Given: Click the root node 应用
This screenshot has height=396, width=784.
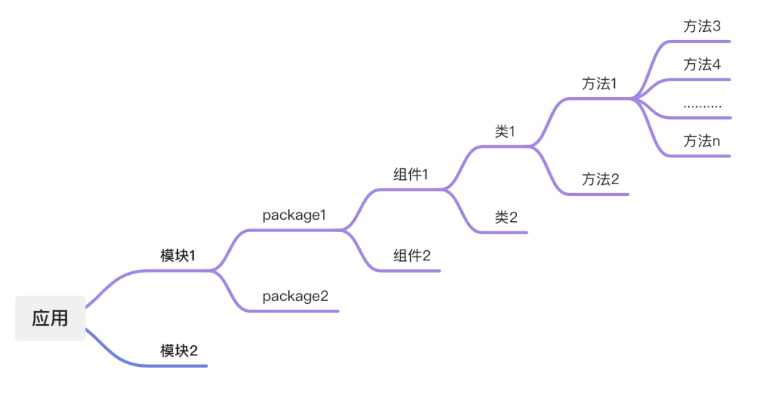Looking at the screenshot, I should point(50,318).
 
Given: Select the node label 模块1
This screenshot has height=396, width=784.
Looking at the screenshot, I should point(178,255).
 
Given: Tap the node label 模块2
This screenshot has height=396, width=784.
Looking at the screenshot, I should point(179,351).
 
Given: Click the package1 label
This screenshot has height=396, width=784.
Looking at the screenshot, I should point(295,215).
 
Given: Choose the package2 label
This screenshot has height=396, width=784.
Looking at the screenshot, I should point(295,296).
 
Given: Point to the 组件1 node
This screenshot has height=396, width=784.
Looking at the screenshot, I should point(411,174).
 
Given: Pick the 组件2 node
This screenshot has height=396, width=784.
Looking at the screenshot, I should point(412,255).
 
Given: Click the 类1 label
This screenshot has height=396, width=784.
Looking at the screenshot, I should point(505,131).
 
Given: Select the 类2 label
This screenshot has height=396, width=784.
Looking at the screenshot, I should point(506,217).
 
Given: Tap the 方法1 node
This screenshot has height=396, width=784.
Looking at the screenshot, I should point(599,83).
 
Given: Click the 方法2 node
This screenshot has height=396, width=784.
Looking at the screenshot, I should point(600,179).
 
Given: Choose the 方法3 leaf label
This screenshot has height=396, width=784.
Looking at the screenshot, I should point(702,26).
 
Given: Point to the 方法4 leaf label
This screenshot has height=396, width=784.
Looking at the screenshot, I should point(702,65).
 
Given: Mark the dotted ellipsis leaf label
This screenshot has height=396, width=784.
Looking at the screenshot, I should point(702,106).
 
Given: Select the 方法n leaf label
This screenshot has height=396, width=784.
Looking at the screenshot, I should point(702,141).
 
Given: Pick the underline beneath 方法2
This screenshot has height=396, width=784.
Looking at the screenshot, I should point(603,194).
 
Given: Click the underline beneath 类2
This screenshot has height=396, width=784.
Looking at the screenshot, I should point(508,232).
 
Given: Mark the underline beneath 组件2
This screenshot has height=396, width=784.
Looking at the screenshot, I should point(414,271).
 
